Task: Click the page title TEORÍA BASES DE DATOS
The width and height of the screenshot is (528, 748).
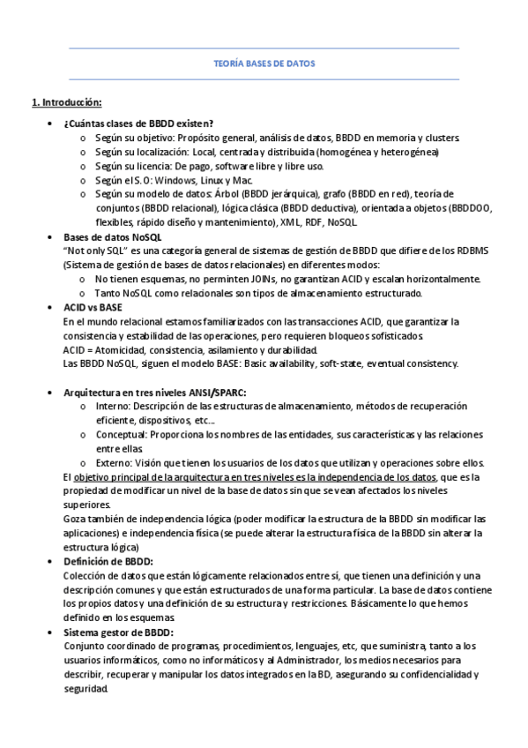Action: click(x=264, y=64)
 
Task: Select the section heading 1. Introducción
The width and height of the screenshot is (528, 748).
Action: click(x=67, y=102)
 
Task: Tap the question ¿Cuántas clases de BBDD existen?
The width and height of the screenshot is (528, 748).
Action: click(x=138, y=123)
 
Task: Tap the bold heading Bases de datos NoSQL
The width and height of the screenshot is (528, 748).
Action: click(x=113, y=236)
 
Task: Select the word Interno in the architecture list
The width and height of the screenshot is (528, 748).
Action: click(x=113, y=406)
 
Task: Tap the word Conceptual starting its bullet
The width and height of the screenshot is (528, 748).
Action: click(x=121, y=435)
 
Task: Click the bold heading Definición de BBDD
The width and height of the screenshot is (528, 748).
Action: click(x=108, y=562)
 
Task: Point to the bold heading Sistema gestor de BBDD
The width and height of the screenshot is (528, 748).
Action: click(x=118, y=632)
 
